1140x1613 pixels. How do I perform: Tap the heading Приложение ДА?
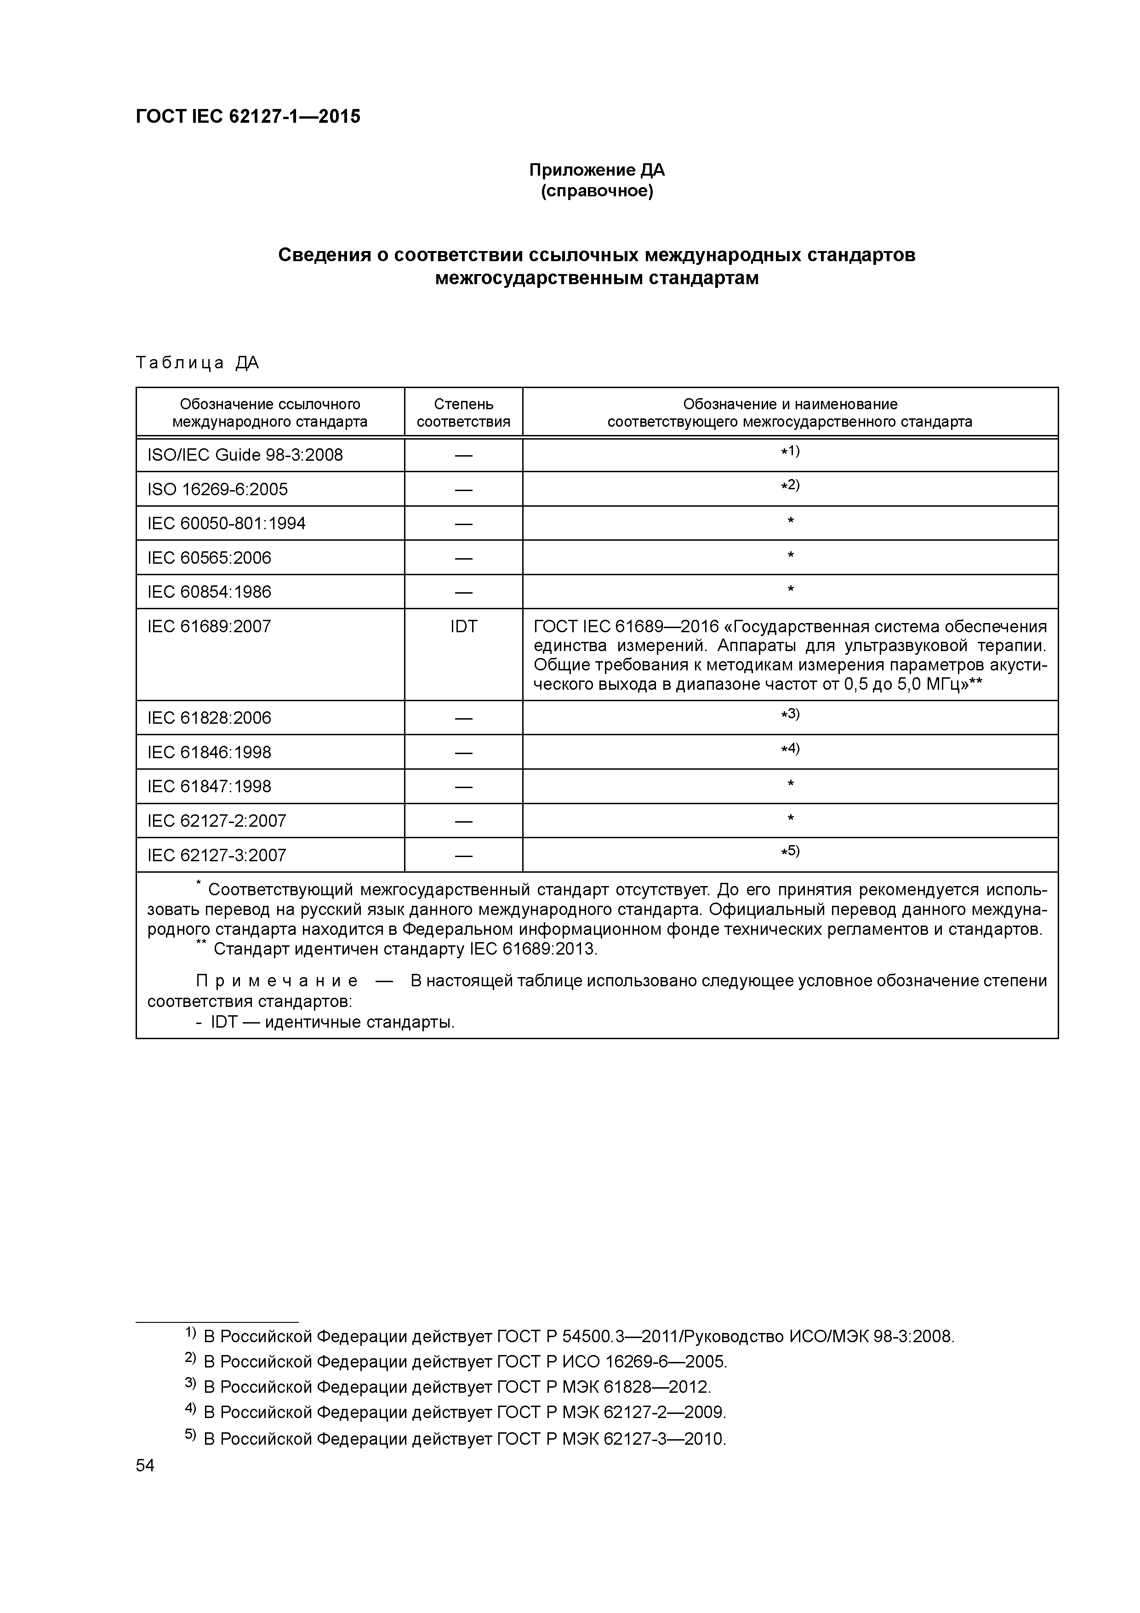pyautogui.click(x=596, y=170)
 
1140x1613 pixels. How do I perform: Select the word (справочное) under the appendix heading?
pyautogui.click(x=596, y=191)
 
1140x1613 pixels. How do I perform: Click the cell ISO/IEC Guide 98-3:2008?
pyautogui.click(x=245, y=455)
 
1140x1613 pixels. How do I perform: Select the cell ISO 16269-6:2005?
pyautogui.click(x=218, y=490)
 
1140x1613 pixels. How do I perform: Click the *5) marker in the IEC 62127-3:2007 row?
pyautogui.click(x=790, y=852)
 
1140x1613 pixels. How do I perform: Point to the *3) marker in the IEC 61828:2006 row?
pyautogui.click(x=790, y=715)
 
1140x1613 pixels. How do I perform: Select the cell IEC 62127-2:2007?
pyautogui.click(x=217, y=821)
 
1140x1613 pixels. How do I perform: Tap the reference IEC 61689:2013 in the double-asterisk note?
pyautogui.click(x=532, y=950)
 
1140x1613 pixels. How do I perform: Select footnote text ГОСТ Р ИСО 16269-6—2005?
pyautogui.click(x=611, y=1361)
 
